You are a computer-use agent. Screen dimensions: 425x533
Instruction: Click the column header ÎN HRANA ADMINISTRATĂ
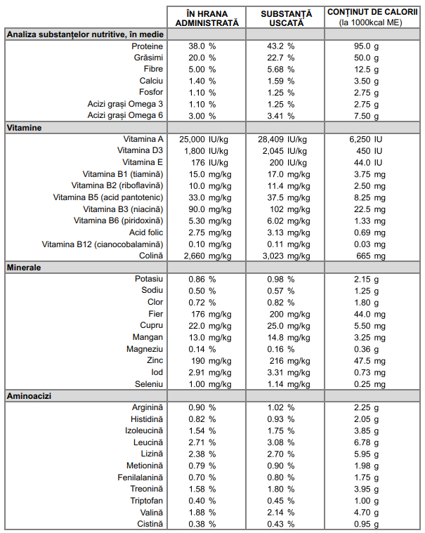[207, 18]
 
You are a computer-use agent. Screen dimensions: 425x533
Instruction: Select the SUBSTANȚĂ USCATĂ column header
[287, 18]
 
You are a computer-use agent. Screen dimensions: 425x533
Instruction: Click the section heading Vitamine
[24, 128]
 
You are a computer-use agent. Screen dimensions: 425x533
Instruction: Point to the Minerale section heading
[24, 268]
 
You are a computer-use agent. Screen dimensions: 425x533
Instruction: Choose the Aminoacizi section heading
[29, 396]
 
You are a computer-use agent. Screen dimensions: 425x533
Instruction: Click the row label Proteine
[148, 46]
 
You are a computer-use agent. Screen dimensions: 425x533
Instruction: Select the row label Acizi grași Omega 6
[125, 116]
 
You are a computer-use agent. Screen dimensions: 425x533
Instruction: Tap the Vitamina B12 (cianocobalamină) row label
[103, 244]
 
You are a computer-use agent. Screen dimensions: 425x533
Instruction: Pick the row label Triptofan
[147, 501]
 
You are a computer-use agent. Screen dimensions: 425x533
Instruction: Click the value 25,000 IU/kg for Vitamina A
[204, 139]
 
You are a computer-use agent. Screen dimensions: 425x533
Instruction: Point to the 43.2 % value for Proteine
[280, 46]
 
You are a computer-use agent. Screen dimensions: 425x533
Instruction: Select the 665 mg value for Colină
[371, 256]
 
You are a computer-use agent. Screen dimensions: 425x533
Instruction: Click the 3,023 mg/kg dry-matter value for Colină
[286, 256]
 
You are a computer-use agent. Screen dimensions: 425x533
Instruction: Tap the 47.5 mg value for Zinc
[370, 361]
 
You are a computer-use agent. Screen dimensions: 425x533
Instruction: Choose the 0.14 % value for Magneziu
[202, 349]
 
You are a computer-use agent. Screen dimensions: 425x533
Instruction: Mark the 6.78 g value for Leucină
[366, 442]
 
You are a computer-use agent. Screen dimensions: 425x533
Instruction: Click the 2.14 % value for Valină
[280, 513]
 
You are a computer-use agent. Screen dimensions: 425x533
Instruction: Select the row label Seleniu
[149, 384]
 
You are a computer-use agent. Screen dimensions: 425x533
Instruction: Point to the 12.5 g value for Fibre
[366, 70]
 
